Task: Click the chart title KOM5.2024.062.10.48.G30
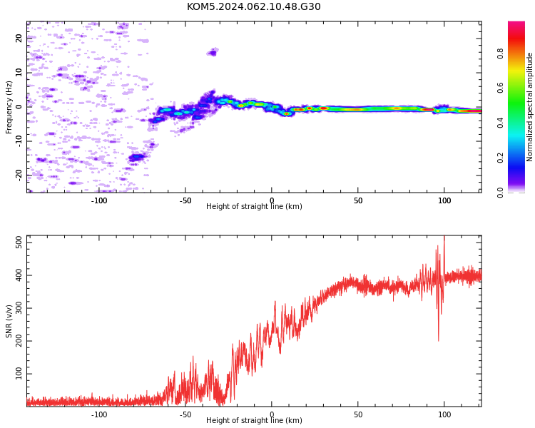253,7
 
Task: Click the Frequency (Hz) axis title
9,107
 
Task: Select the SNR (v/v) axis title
9,321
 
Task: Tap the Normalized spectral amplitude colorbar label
529,107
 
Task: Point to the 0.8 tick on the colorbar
500,53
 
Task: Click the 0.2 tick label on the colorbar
500,158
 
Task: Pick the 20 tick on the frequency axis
19,38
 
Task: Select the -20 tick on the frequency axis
19,175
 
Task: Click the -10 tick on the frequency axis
19,141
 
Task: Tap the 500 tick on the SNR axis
19,243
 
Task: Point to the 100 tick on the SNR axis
19,374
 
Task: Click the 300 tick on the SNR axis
19,308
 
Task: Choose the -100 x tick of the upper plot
99,200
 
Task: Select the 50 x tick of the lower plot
358,414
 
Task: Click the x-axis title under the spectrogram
254,206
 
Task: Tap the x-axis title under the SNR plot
254,420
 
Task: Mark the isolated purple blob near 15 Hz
213,52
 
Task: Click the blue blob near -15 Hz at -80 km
137,158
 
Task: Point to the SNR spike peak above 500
444,236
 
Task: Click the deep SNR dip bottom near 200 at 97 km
439,341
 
